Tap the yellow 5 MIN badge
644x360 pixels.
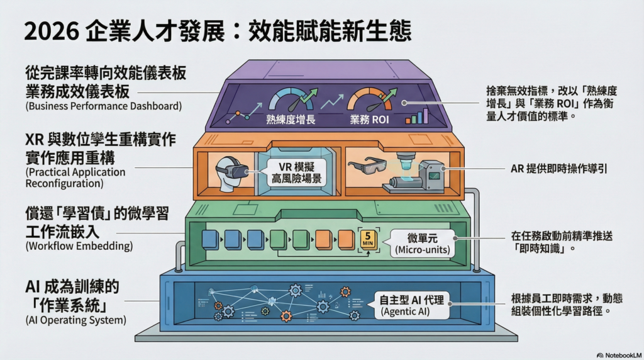368,240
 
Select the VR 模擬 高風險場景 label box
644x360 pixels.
296,173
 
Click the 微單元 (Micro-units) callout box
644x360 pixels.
422,244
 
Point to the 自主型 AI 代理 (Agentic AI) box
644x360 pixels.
411,305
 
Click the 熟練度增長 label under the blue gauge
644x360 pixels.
291,120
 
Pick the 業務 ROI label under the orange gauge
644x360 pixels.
369,120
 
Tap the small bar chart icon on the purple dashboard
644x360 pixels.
416,116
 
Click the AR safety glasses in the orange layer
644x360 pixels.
367,166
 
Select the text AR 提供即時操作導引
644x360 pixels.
558,169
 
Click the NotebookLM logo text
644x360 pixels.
619,355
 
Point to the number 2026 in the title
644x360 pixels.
52,31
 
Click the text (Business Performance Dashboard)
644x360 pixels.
104,106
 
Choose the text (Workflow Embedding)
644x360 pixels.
79,245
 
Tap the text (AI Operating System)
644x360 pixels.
76,320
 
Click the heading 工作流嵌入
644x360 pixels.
62,232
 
